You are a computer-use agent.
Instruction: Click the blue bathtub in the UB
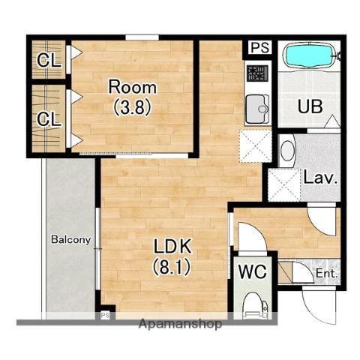(309, 56)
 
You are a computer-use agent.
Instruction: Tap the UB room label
(310, 106)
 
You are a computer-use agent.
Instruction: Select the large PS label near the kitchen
(260, 47)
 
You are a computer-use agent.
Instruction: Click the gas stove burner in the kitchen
(257, 73)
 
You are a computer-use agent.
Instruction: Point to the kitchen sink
(257, 109)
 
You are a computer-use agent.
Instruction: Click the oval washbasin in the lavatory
(286, 151)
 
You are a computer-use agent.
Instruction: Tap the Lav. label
(320, 178)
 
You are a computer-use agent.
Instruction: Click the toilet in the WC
(256, 306)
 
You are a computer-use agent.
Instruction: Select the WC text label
(252, 271)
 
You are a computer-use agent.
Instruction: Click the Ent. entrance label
(327, 273)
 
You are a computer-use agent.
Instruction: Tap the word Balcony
(70, 239)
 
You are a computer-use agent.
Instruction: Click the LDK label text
(172, 246)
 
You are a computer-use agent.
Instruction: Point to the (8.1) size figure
(172, 266)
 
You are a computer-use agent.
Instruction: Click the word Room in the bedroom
(133, 87)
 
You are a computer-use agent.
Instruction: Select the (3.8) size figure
(133, 107)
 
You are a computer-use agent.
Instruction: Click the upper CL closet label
(49, 61)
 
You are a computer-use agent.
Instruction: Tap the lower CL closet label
(49, 119)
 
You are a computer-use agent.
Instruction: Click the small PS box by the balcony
(105, 315)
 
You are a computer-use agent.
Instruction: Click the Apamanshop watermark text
(180, 324)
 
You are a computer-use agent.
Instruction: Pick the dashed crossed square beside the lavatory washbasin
(283, 185)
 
